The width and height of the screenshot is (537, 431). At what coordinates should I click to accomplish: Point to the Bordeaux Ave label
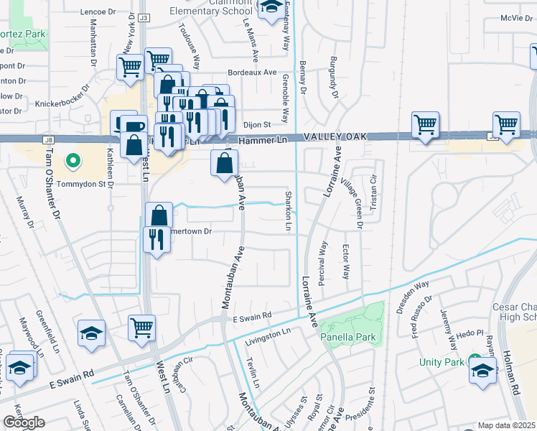pos(251,73)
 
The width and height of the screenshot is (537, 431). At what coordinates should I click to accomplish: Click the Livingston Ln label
pos(267,333)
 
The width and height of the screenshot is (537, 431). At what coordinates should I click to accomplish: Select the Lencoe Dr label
pos(98,12)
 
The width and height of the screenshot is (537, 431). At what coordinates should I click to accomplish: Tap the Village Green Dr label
pos(351,203)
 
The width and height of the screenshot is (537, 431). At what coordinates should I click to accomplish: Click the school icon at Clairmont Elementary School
pos(270,8)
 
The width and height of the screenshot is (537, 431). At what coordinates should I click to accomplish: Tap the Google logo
pos(24,423)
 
